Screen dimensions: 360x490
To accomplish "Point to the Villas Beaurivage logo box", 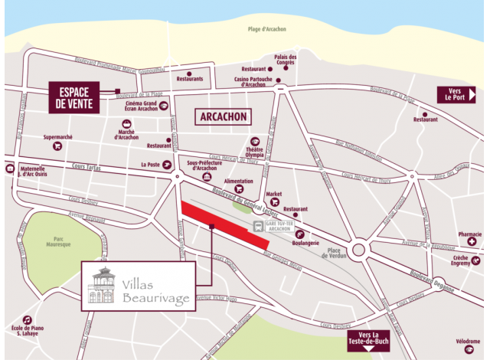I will click(137, 286).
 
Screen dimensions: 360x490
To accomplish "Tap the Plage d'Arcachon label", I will click(268, 30).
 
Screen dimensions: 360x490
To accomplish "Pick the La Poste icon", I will click(167, 164).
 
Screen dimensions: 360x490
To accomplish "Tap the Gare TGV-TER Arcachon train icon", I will click(259, 227).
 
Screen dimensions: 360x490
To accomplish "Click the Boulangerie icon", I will click(300, 234).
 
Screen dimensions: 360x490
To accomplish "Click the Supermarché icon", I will click(57, 147).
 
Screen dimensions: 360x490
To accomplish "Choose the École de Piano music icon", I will click(28, 319).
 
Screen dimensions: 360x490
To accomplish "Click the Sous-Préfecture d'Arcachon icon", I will click(206, 177).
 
